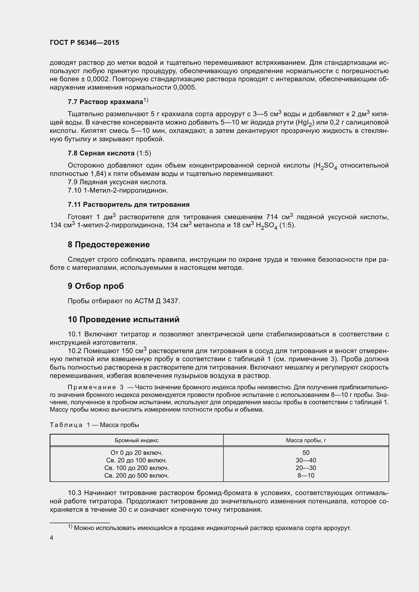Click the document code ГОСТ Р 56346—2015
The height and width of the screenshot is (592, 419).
point(84,43)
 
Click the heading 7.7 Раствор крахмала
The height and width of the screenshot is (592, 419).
point(105,102)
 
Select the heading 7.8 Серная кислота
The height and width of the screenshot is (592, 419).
point(101,153)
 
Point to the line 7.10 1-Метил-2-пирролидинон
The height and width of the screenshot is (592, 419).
point(118,190)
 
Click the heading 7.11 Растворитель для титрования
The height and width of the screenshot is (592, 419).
point(128,205)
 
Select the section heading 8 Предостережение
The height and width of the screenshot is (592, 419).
point(109,244)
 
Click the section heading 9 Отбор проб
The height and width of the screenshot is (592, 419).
point(96,286)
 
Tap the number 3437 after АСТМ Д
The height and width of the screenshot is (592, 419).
point(170,301)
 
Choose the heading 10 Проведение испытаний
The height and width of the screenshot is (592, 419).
point(124,319)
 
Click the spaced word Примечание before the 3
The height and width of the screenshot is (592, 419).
point(92,387)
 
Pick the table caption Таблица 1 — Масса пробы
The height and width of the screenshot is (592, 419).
point(94,425)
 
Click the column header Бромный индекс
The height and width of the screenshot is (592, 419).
point(137,440)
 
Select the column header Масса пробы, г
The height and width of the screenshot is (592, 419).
point(306,440)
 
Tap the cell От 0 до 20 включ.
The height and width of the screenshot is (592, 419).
point(137,453)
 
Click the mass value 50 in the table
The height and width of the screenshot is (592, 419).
point(306,453)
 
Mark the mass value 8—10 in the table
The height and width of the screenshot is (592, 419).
point(306,476)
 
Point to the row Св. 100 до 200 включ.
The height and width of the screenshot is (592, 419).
point(137,468)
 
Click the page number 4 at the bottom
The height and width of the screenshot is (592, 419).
point(52,538)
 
